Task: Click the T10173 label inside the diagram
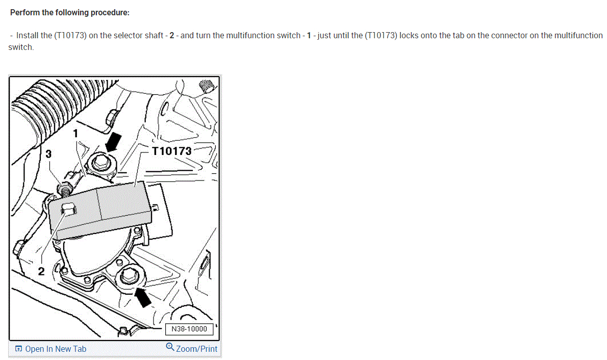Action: [x=172, y=151]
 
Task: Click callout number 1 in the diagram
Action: [x=75, y=134]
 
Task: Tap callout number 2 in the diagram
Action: [x=42, y=271]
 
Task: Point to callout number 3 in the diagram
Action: [x=48, y=153]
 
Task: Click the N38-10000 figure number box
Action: [x=189, y=329]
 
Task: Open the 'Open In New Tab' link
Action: [x=55, y=349]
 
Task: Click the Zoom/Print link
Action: [x=196, y=349]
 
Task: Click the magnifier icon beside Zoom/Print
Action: [x=170, y=348]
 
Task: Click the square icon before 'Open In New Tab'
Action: [x=18, y=349]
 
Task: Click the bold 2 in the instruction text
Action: [x=172, y=36]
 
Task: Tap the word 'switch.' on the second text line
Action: [x=21, y=47]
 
